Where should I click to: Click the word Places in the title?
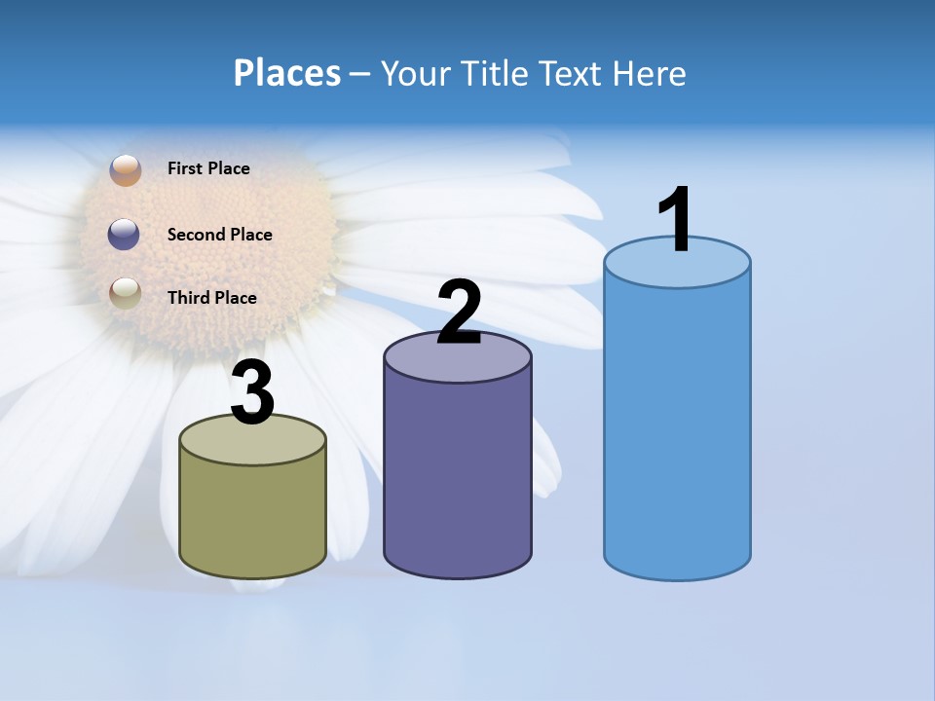point(287,73)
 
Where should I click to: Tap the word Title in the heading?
point(495,73)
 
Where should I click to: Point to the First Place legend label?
point(208,168)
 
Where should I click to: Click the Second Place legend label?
point(219,235)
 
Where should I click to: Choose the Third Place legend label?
point(211,298)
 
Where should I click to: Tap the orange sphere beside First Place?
point(126,169)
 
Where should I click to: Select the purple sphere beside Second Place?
point(124,234)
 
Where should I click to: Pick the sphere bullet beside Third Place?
point(125,292)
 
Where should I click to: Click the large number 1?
point(676,219)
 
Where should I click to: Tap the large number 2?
point(459,312)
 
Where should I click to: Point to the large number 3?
point(252,392)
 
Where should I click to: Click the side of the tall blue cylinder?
point(677,428)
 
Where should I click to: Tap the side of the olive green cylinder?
point(252,516)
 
